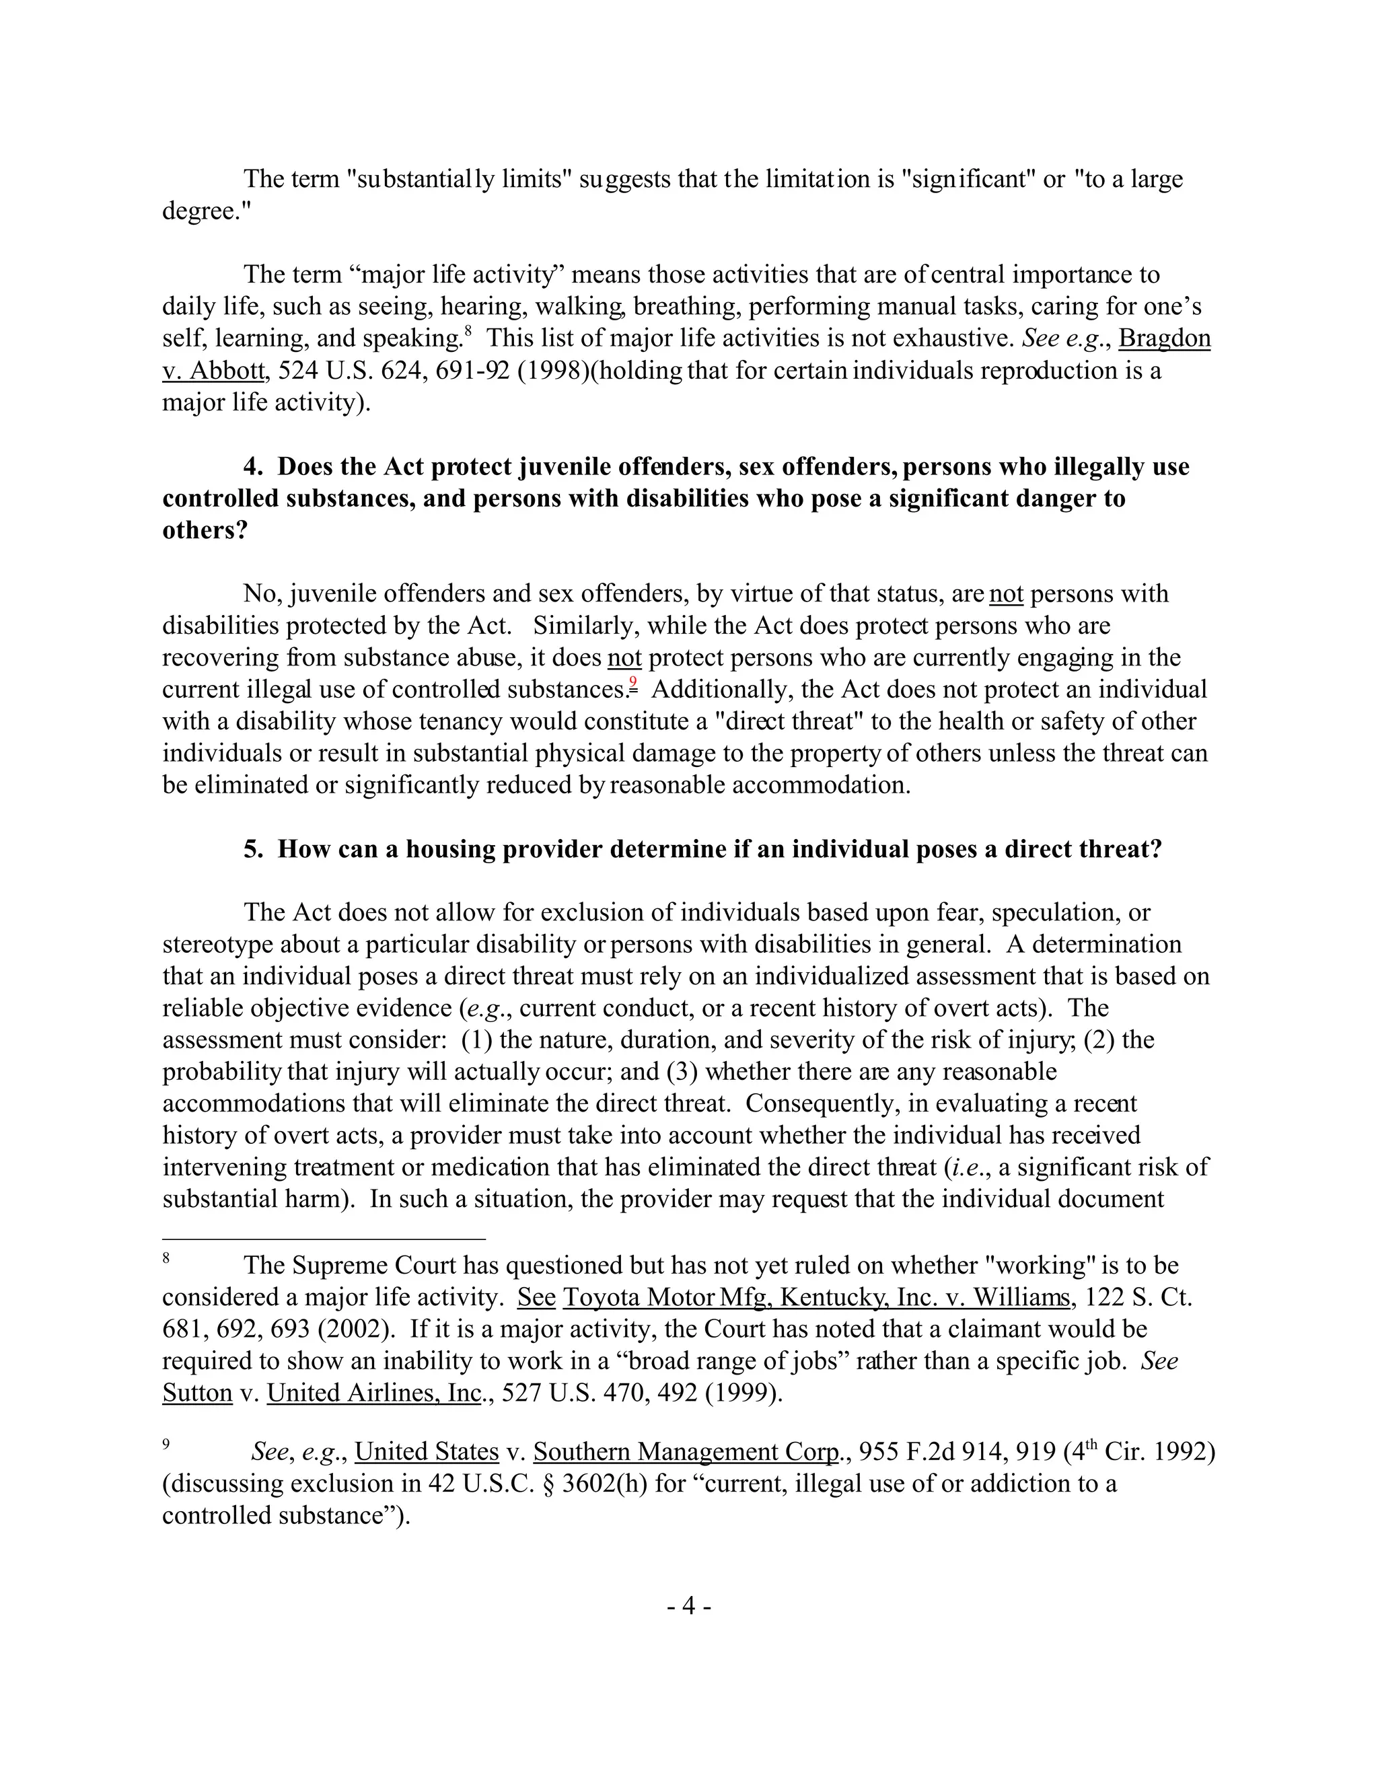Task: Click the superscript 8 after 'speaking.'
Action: [468, 330]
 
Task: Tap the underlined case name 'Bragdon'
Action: [1164, 338]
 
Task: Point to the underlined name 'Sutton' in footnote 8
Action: [198, 1393]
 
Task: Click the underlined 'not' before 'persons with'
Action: [1006, 593]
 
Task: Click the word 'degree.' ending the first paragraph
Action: [207, 211]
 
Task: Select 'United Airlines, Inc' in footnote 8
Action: [374, 1393]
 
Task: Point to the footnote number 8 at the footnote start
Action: [166, 1259]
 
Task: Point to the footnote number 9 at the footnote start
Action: [166, 1444]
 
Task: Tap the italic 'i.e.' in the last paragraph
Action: [968, 1167]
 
